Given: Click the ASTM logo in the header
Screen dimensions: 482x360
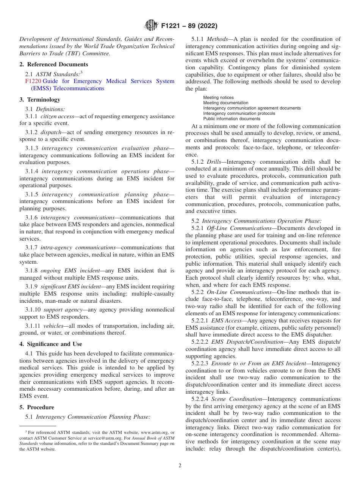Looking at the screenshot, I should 152,26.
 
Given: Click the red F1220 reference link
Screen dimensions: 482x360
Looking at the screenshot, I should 33,81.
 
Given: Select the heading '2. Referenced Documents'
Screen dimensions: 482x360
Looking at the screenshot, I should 54,64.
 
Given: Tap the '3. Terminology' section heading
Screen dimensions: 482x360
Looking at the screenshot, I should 40,100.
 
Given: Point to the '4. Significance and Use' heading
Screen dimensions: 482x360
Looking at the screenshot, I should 51,344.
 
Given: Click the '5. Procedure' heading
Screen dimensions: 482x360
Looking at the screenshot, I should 37,407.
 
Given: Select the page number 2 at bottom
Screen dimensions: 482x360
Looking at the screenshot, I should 180,466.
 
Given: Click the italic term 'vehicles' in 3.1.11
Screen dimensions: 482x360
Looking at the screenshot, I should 53,326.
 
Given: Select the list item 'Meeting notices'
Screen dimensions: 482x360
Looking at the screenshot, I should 218,97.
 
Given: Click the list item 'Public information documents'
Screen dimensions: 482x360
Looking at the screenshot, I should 232,119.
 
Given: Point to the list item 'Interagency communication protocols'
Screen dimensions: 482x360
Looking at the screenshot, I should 239,113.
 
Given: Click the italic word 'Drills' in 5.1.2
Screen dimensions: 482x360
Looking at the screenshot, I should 214,162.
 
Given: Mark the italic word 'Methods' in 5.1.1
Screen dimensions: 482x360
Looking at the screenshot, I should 218,39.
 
